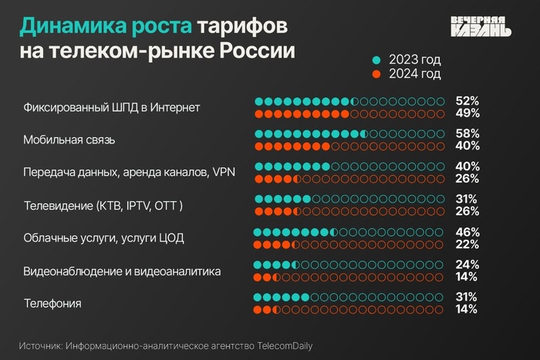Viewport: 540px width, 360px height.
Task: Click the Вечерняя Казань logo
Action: [x=480, y=26]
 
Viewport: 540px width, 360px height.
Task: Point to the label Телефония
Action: [x=52, y=304]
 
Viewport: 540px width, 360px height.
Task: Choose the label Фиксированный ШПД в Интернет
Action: [x=112, y=107]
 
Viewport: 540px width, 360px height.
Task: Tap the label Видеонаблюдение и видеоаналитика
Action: [x=123, y=271]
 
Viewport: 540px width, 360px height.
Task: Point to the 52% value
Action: [x=467, y=101]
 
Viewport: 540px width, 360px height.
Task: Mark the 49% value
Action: [x=467, y=114]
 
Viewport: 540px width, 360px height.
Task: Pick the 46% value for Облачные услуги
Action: [x=467, y=232]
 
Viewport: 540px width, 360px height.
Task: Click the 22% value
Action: [x=467, y=244]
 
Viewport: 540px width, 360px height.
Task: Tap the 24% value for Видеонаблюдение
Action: [x=467, y=264]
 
